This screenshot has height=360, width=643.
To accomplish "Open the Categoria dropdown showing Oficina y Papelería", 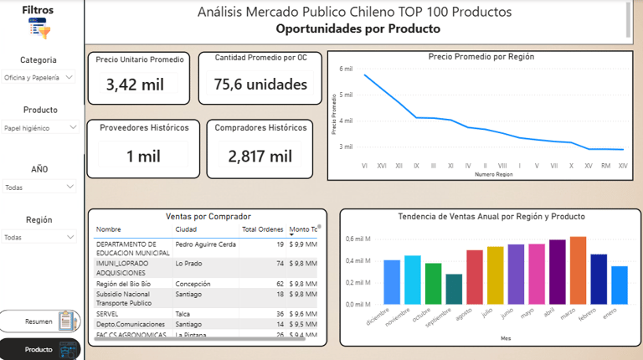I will pyautogui.click(x=39, y=77).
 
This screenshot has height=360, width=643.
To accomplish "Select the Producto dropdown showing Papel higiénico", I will pyautogui.click(x=39, y=128).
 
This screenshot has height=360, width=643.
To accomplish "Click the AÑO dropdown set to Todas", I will pyautogui.click(x=39, y=188).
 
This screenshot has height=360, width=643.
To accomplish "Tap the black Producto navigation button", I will pyautogui.click(x=40, y=349).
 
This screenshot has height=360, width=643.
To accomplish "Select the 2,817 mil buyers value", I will pyautogui.click(x=260, y=156).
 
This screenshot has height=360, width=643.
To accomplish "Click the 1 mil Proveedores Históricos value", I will pyautogui.click(x=143, y=156).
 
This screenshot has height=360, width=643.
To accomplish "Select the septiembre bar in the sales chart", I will pyautogui.click(x=454, y=289).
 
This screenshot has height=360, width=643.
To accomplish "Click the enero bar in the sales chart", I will pyautogui.click(x=619, y=285).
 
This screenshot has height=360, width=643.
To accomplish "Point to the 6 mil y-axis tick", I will pyautogui.click(x=347, y=69).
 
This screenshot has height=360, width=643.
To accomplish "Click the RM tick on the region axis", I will pyautogui.click(x=606, y=166).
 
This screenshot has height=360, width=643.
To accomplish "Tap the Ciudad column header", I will pyautogui.click(x=186, y=229).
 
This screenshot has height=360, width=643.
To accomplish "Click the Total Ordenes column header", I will pyautogui.click(x=262, y=229).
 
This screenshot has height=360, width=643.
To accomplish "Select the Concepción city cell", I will pyautogui.click(x=193, y=284).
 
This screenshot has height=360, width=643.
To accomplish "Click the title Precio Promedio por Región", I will pyautogui.click(x=481, y=57).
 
